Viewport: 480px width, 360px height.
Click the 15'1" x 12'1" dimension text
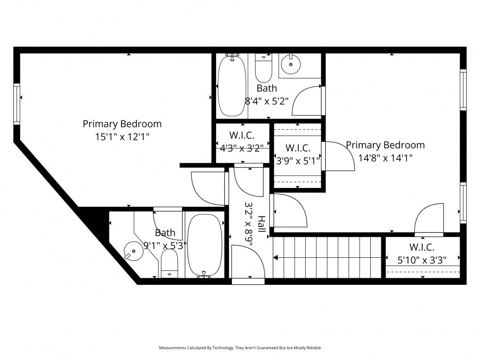(122, 136)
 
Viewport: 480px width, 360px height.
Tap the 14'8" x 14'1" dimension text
(385, 158)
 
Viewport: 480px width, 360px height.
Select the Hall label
(262, 224)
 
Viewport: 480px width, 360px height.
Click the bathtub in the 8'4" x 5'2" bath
(232, 85)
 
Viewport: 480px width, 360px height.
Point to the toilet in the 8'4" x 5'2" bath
(264, 68)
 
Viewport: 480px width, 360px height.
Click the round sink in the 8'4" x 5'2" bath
(291, 64)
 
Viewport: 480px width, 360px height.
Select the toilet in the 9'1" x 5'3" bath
(169, 263)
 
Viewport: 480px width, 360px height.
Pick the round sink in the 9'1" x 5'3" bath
(133, 251)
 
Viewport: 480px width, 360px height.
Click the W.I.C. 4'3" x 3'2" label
(242, 141)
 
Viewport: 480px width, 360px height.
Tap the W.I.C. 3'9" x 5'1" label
(298, 154)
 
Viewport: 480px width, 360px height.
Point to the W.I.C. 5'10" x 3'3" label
(422, 253)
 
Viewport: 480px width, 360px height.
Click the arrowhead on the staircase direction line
(276, 258)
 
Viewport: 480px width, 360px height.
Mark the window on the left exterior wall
(16, 104)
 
